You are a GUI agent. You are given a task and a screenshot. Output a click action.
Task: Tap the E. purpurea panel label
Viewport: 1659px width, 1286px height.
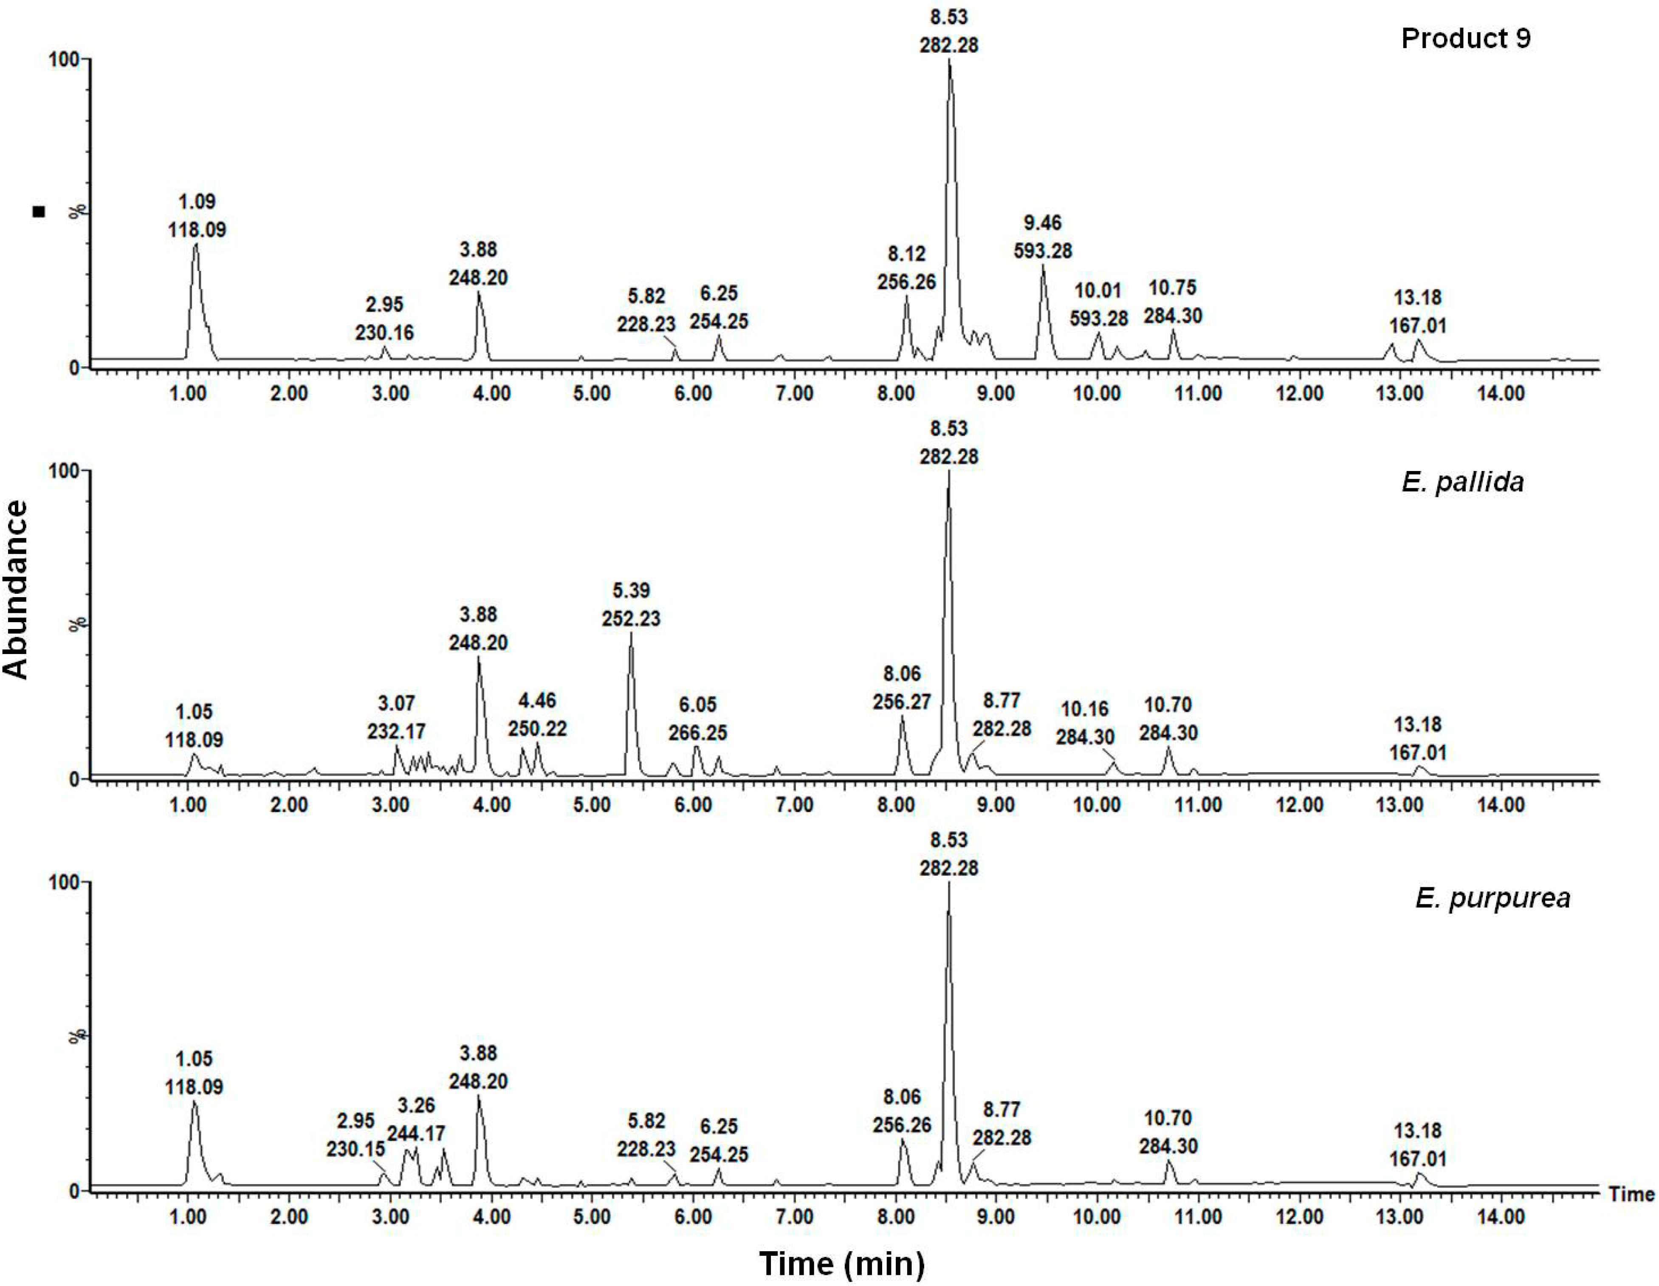1492,898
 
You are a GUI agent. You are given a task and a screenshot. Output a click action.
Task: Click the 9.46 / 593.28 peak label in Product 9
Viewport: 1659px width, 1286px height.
1042,236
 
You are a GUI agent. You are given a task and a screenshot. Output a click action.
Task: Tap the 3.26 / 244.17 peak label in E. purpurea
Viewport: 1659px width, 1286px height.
415,1120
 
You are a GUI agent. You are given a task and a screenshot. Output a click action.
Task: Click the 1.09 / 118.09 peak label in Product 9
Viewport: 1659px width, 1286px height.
197,216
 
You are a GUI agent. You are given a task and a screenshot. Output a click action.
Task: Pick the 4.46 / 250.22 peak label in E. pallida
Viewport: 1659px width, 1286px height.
537,715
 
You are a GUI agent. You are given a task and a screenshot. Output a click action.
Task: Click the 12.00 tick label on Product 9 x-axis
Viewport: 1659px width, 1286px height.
1299,393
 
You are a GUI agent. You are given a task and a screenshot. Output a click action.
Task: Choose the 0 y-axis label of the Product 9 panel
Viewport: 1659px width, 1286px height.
73,368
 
